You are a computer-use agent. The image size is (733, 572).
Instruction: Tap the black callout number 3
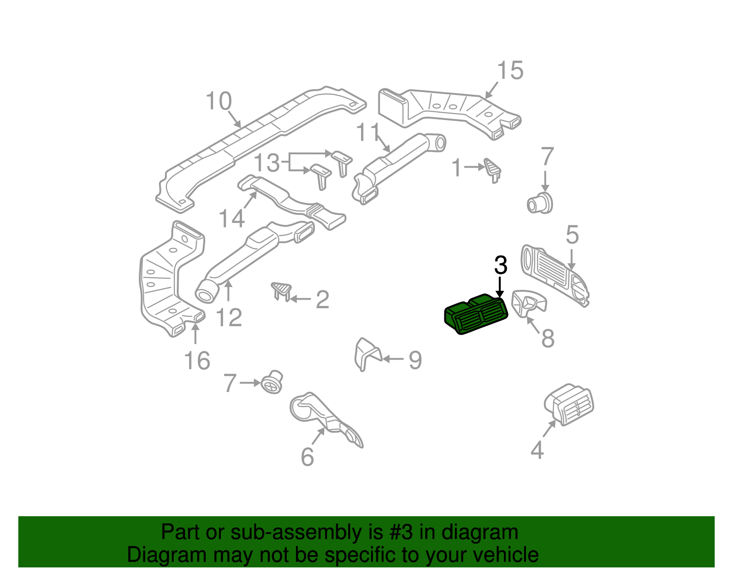(x=501, y=265)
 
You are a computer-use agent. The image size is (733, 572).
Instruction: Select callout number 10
(x=219, y=101)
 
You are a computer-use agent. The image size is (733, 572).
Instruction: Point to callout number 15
(x=510, y=71)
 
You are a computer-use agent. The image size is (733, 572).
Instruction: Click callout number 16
(x=197, y=361)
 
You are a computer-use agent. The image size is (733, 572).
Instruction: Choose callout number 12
(x=228, y=317)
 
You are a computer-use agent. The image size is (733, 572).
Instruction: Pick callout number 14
(x=232, y=218)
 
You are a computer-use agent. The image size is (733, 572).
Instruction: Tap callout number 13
(x=266, y=163)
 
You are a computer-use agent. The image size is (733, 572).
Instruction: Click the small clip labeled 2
(x=281, y=290)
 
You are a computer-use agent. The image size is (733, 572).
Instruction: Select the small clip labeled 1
(x=492, y=169)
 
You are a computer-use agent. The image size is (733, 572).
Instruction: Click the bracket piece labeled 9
(x=367, y=354)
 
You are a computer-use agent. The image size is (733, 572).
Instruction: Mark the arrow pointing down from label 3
(x=500, y=288)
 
